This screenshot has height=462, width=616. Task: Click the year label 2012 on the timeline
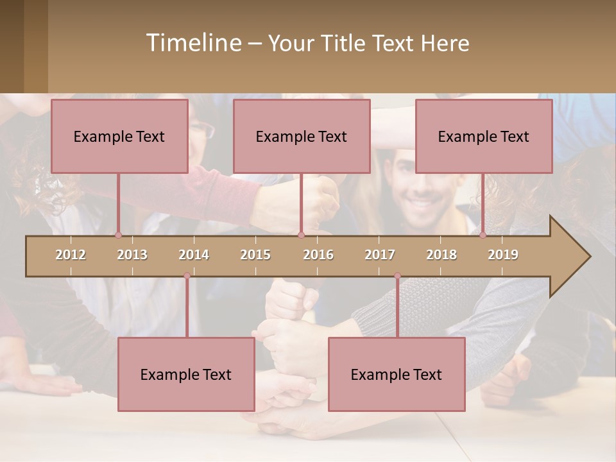pyautogui.click(x=71, y=255)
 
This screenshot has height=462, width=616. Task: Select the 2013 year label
pyautogui.click(x=132, y=255)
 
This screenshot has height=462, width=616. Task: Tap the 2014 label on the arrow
pyautogui.click(x=194, y=255)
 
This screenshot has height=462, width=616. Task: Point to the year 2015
pyautogui.click(x=255, y=255)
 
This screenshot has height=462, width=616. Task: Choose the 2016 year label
pyautogui.click(x=318, y=255)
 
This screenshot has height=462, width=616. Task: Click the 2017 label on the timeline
pyautogui.click(x=380, y=255)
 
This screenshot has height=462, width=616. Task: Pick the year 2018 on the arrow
pyautogui.click(x=441, y=255)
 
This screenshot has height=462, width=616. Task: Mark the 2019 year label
pyautogui.click(x=503, y=255)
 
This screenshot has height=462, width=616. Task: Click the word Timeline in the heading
pyautogui.click(x=193, y=43)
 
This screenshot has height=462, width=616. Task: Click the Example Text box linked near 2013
pyautogui.click(x=119, y=137)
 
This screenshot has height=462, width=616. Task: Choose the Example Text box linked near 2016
pyautogui.click(x=302, y=137)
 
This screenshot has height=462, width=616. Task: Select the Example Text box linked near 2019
pyautogui.click(x=484, y=137)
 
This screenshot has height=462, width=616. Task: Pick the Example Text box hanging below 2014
pyautogui.click(x=186, y=375)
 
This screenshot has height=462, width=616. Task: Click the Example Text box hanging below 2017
pyautogui.click(x=397, y=375)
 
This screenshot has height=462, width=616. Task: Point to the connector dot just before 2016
pyautogui.click(x=301, y=235)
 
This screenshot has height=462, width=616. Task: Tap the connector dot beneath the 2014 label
pyautogui.click(x=187, y=276)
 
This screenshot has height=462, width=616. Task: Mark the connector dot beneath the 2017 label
pyautogui.click(x=397, y=276)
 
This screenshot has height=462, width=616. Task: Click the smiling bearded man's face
pyautogui.click(x=414, y=189)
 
